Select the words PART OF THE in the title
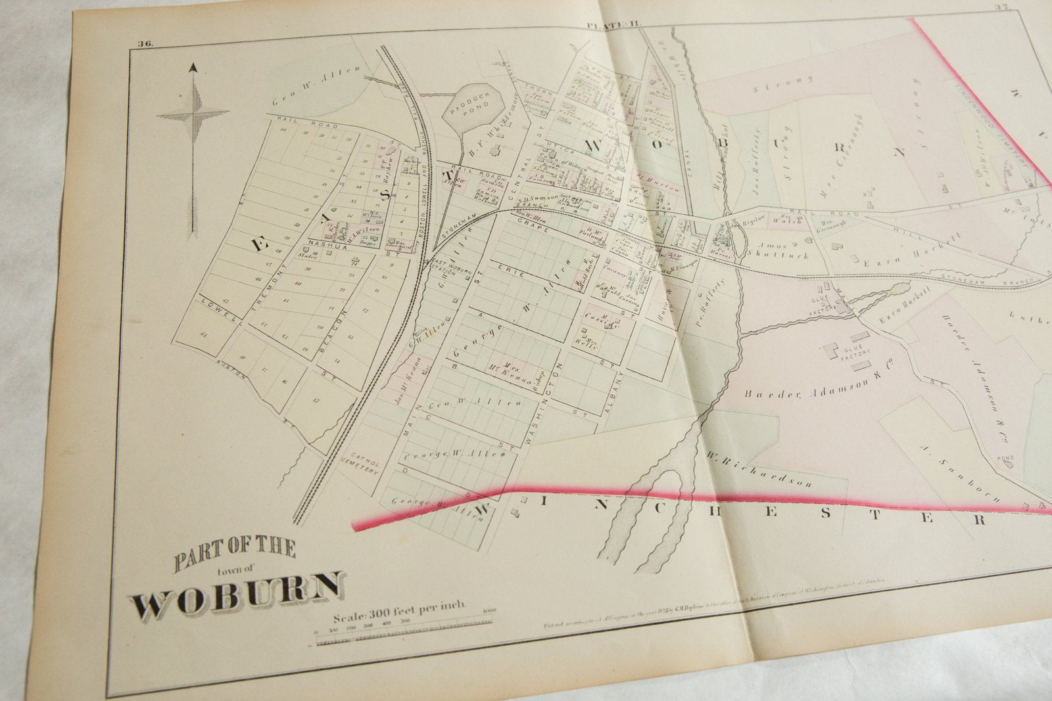pos(234,549)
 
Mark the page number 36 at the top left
pos(145,44)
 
